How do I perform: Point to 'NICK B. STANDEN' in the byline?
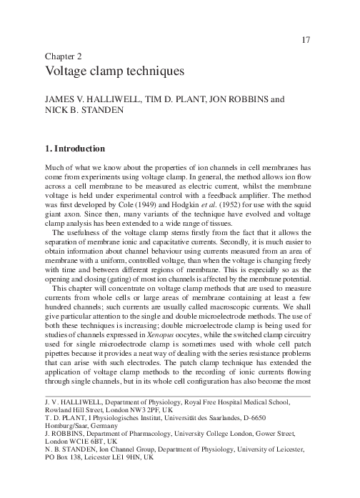pos(79,114)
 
